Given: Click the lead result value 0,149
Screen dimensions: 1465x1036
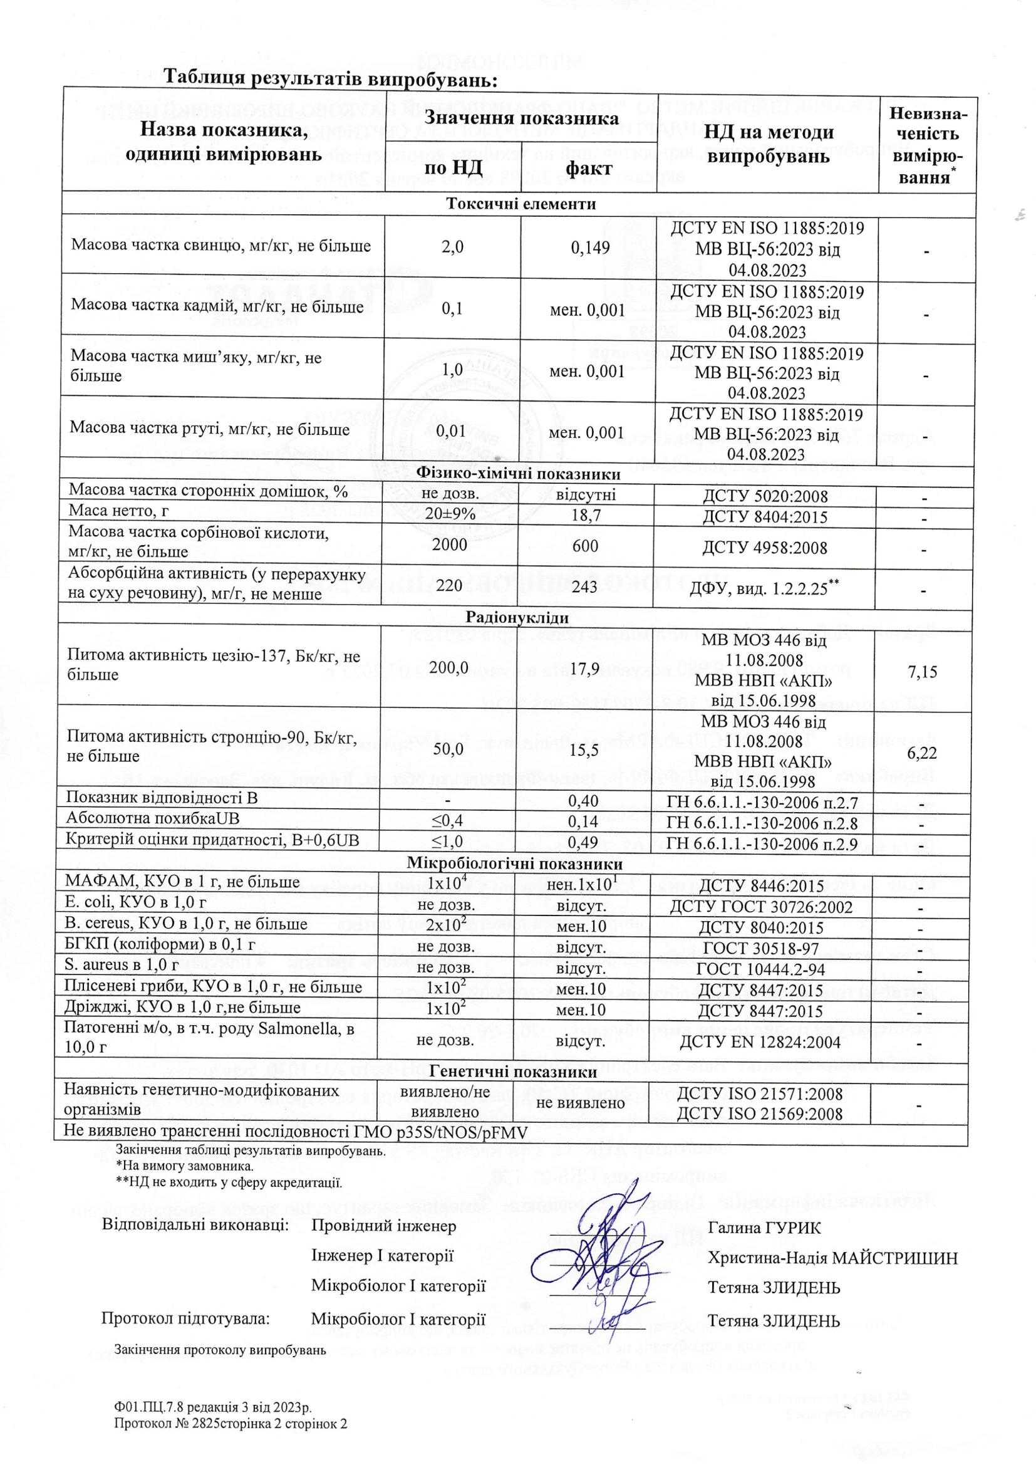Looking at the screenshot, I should coord(590,248).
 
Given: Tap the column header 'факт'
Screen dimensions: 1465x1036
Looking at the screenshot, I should coord(589,169).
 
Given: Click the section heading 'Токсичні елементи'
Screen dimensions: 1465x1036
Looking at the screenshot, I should coord(521,204).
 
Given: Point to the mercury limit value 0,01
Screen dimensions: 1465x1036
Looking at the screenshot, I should coord(451,431).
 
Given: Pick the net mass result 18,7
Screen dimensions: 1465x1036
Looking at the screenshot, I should coord(586,516).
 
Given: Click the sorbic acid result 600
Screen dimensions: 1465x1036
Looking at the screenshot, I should coord(585,546).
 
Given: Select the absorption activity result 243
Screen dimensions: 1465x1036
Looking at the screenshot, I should coord(584,586).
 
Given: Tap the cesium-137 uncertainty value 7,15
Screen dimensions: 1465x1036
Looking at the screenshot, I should coord(923,671).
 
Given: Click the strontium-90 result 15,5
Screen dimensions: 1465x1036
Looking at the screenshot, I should coord(584,749).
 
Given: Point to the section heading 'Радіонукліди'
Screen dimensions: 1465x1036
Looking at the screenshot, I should coord(517,618).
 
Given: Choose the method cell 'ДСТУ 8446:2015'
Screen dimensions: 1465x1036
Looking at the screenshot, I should coord(761,885).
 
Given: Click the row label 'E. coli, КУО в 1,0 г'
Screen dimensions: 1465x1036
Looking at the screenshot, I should coord(135,902).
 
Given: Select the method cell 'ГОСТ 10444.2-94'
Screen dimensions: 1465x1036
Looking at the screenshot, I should coord(760,969).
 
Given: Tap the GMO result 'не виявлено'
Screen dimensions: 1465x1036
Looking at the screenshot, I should coord(581,1103).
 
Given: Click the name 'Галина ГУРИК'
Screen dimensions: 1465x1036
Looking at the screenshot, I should coord(764,1228).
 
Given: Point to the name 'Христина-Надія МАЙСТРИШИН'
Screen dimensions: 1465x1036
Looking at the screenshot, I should coord(832,1258).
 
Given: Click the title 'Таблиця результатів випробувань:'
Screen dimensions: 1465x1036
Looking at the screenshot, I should coord(330,78).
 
